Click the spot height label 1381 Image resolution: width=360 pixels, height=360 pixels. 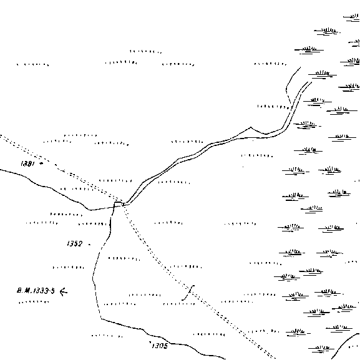point(27,163)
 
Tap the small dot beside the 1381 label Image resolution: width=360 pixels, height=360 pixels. point(41,163)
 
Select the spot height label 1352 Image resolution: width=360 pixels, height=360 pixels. point(74,243)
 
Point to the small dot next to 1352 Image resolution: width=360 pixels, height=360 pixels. point(90,245)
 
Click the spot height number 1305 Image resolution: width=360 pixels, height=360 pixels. point(160,346)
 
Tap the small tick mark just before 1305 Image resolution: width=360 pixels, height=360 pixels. point(150,343)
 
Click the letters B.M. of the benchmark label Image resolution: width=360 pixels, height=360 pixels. point(24,291)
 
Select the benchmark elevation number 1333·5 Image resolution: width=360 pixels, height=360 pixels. point(44,291)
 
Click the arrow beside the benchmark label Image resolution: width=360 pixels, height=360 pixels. point(64,291)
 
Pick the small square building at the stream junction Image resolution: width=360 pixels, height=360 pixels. point(118,205)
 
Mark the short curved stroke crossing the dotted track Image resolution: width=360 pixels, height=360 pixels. point(188,293)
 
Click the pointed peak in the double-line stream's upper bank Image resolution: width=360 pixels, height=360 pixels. point(251,127)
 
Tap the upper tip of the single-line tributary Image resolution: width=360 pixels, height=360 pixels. point(300,67)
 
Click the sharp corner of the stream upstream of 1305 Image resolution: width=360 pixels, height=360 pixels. point(101,318)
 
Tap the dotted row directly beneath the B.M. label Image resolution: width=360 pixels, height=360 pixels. point(34,302)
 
